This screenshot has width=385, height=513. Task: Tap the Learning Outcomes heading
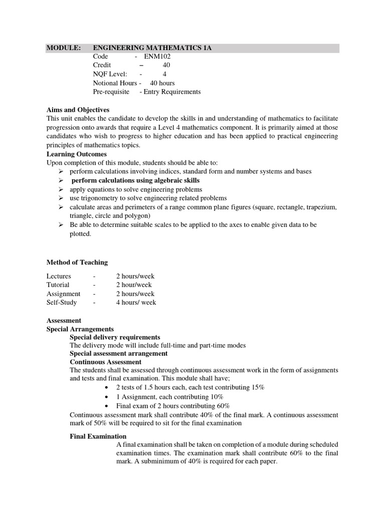76,154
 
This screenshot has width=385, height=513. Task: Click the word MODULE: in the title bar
64,48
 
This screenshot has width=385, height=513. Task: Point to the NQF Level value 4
164,74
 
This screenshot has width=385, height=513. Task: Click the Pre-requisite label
111,92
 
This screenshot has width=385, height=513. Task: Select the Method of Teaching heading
77,262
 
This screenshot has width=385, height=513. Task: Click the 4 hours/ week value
136,302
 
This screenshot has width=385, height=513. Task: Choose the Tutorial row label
58,285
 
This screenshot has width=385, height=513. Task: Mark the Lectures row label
59,276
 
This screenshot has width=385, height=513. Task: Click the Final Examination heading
98,436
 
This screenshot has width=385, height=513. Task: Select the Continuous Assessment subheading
105,362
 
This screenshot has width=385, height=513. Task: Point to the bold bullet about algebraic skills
135,180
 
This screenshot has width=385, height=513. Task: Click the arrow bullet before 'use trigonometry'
60,198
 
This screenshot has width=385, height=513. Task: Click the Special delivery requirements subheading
115,337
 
